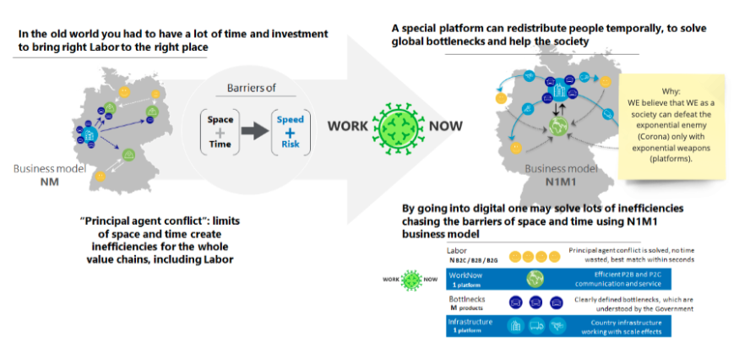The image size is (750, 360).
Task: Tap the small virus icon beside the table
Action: coord(410,280)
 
